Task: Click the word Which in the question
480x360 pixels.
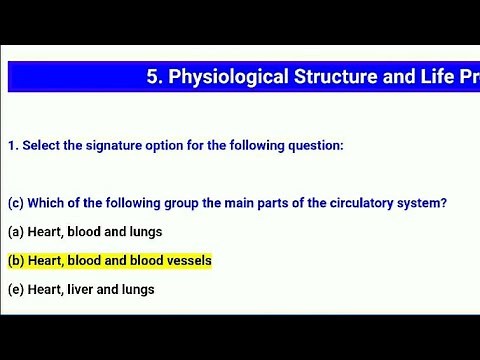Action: point(44,203)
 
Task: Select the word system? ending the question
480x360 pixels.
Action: point(419,203)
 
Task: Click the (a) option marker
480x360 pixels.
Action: point(15,232)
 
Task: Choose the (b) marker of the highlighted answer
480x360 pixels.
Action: point(16,261)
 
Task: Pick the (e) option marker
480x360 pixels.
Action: point(15,290)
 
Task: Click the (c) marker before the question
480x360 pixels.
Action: point(15,203)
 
